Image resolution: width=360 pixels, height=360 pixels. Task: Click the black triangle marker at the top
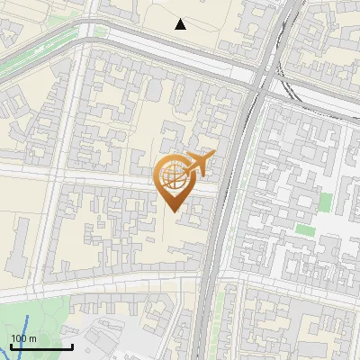(181, 24)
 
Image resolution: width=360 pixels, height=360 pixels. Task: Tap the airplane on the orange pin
(197, 165)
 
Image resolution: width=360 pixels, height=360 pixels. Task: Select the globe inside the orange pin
(172, 175)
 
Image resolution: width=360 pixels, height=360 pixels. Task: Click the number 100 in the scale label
(19, 338)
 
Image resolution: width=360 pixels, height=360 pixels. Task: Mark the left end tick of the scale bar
(11, 346)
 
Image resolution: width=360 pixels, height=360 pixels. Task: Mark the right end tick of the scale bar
(72, 346)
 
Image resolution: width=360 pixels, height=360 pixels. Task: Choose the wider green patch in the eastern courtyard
(307, 229)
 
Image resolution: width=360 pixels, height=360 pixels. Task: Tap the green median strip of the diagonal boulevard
(36, 55)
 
